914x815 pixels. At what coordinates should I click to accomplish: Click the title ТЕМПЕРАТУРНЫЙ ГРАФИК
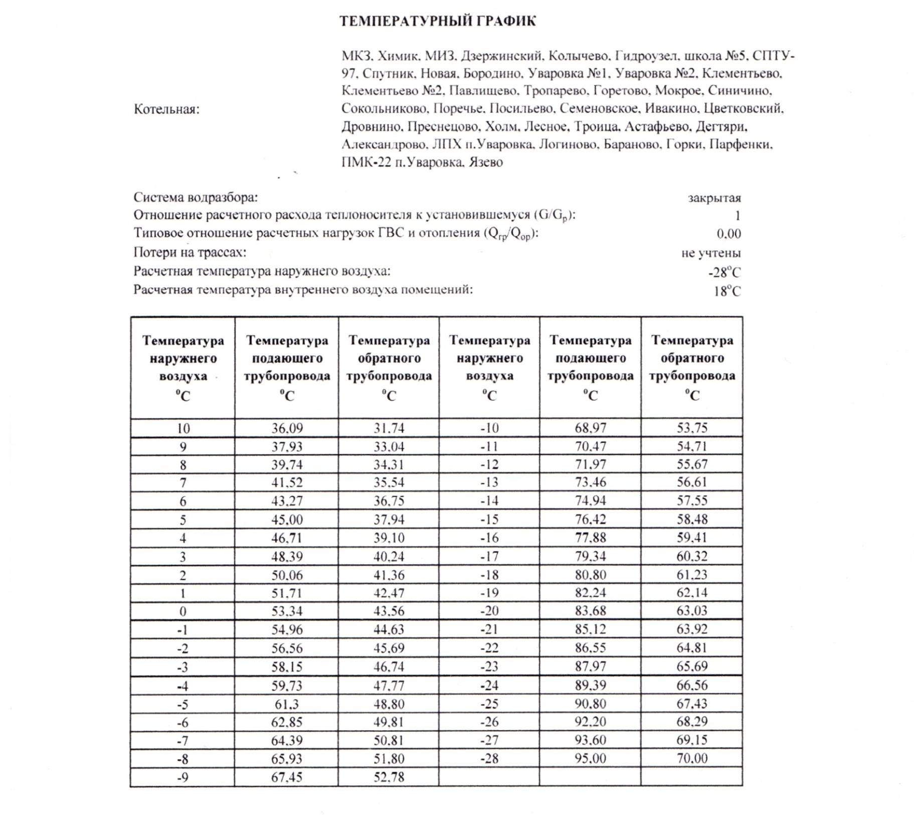[x=437, y=21]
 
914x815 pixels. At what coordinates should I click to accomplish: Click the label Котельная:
[x=166, y=109]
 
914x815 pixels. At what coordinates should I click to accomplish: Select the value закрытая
[x=714, y=198]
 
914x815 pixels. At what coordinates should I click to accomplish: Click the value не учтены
[x=710, y=253]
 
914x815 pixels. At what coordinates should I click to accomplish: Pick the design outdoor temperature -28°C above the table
[x=724, y=273]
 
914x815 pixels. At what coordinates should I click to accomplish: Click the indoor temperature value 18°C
[x=727, y=291]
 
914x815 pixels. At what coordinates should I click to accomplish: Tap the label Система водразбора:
[x=196, y=198]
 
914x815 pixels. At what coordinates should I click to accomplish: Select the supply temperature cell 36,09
[x=287, y=428]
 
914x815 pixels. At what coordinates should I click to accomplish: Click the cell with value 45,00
[x=287, y=520]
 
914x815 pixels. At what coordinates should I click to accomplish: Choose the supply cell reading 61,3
[x=287, y=704]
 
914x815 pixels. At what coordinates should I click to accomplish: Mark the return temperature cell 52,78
[x=389, y=777]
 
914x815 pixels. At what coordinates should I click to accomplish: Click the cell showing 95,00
[x=590, y=758]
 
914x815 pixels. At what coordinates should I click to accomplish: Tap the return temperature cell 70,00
[x=692, y=758]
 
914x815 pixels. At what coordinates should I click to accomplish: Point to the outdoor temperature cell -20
[x=489, y=611]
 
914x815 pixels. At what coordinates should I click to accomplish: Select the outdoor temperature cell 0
[x=183, y=611]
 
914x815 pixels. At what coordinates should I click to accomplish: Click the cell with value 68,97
[x=590, y=428]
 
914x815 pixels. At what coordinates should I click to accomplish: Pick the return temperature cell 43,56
[x=389, y=611]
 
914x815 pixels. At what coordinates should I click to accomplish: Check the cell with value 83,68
[x=590, y=611]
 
